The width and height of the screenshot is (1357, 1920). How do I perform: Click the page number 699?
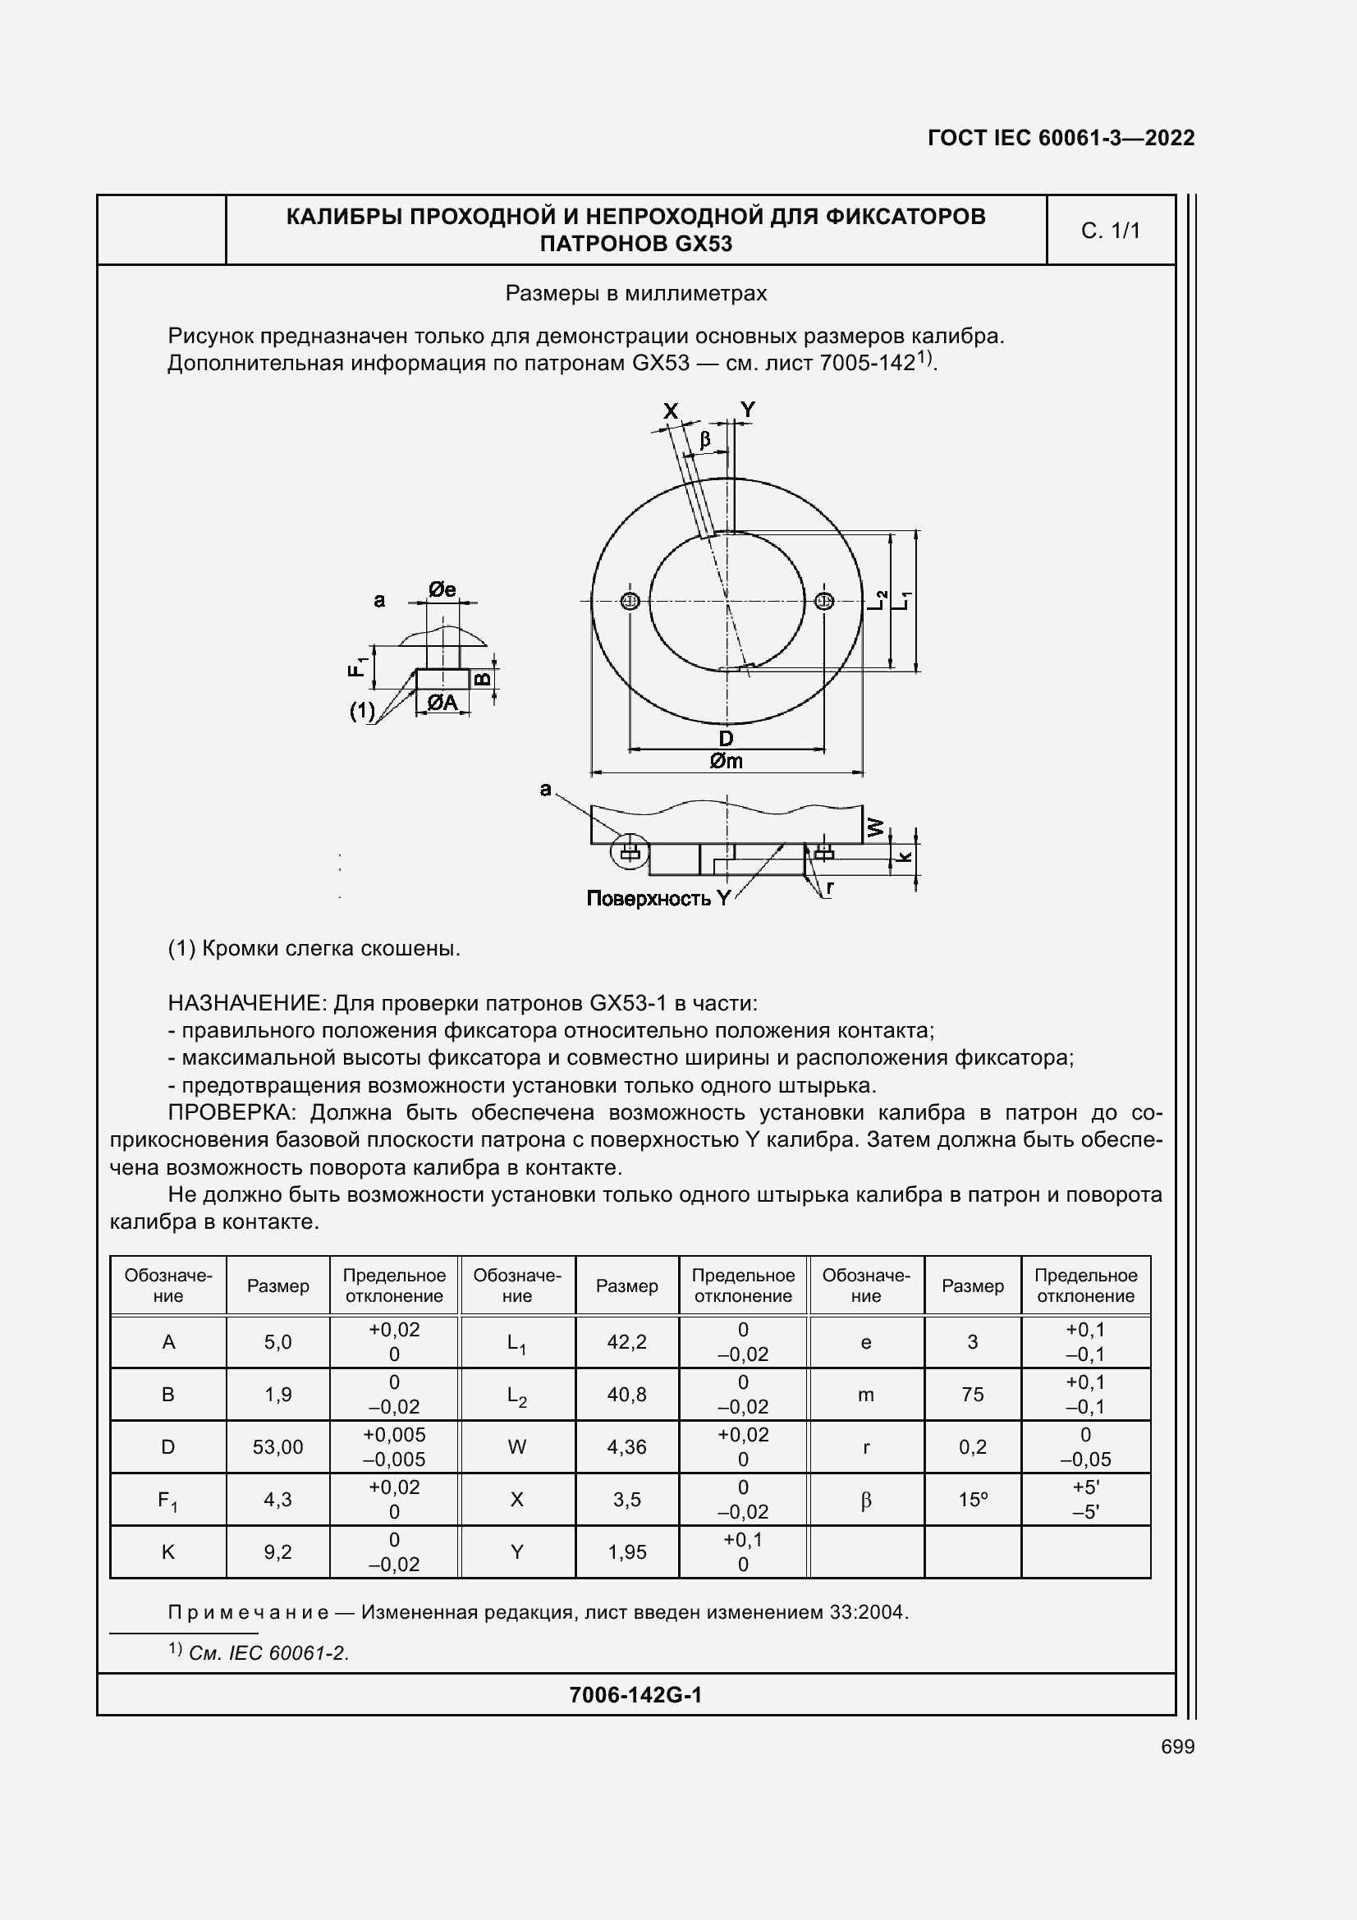coord(1177,1747)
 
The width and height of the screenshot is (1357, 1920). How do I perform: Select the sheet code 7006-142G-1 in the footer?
coord(635,1695)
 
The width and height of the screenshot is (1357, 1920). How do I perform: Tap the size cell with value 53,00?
coord(277,1447)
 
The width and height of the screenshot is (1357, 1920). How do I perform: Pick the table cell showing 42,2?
coord(626,1342)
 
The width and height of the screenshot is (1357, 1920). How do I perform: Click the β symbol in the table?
coord(865,1501)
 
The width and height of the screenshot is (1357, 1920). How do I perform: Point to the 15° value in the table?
coord(972,1501)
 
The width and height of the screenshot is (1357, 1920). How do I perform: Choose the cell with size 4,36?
coord(626,1447)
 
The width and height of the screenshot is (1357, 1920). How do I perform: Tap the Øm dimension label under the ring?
coord(726,761)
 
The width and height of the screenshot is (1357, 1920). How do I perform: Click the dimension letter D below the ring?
coord(726,739)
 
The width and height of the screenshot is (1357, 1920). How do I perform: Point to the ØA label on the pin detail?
coord(442,703)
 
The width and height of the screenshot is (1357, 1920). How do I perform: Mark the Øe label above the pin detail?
coord(442,589)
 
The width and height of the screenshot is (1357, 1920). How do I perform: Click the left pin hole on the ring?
coord(630,601)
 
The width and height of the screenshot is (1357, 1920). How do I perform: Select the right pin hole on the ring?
coord(824,601)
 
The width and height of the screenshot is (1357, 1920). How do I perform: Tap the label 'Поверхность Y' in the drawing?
coord(658,899)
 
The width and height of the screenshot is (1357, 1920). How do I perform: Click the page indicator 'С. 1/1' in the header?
coord(1111,231)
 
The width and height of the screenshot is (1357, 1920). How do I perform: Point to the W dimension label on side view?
coord(875,827)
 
